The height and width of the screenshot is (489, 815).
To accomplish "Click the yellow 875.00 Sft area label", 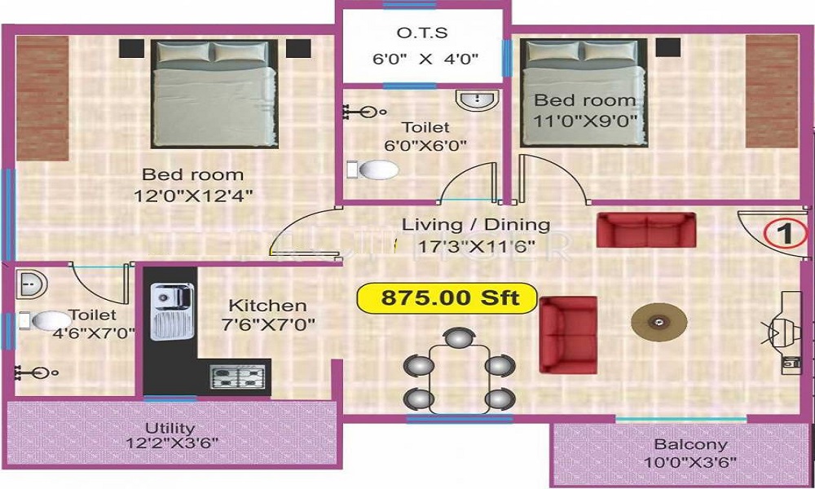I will pos(448,297).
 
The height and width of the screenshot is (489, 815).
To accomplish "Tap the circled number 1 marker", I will pos(785,234).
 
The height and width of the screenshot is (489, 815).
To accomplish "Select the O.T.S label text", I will pos(422,33).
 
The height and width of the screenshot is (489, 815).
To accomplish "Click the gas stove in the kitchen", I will pos(238,376).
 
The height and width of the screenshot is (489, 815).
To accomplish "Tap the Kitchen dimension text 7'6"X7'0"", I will pos(267,324).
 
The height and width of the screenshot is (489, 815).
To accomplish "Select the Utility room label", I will pos(170,428).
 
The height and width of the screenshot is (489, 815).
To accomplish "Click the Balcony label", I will pos(690,445).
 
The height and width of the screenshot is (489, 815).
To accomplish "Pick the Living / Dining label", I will pos(477,224).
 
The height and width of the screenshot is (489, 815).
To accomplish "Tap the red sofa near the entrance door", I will pos(646,230).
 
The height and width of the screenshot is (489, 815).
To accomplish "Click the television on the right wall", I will pos(784,330).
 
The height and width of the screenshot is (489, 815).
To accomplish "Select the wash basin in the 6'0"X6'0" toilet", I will pos(477,101).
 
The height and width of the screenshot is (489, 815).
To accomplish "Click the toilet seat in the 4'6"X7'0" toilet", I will pos(51,319).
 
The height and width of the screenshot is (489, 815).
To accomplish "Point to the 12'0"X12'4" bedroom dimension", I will pos(192,195).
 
